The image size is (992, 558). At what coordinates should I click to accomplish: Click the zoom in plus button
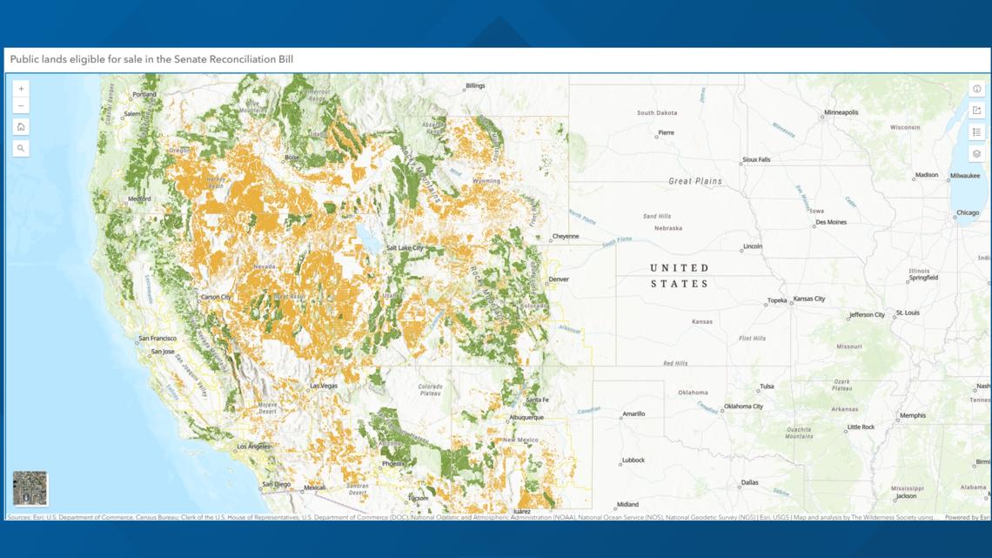click(21, 89)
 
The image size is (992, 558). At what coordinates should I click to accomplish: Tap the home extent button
click(21, 127)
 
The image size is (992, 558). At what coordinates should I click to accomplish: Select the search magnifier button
click(21, 149)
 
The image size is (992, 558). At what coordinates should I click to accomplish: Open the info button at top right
click(977, 89)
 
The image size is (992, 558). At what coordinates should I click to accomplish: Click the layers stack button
click(977, 154)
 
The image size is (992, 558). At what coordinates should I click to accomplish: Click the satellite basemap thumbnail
click(30, 488)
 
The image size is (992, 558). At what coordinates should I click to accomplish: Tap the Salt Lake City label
click(405, 248)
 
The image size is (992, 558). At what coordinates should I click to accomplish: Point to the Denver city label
click(559, 279)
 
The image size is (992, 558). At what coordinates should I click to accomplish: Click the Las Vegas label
click(324, 386)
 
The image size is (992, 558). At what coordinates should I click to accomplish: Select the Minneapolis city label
click(841, 112)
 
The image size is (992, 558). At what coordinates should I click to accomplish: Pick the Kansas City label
click(808, 299)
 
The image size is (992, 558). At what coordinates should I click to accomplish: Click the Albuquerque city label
click(526, 418)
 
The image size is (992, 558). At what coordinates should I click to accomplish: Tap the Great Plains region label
click(695, 181)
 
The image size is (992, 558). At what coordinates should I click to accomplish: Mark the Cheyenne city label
click(565, 237)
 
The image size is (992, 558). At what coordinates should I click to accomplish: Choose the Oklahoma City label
click(743, 407)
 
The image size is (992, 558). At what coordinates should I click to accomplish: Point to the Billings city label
click(475, 86)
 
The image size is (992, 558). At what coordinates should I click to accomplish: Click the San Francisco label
click(158, 339)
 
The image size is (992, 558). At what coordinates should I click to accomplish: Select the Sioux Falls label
click(756, 160)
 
